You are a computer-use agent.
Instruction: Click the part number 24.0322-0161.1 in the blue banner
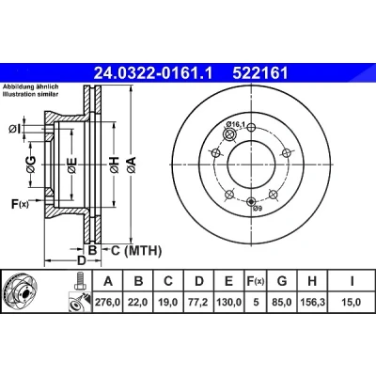point(153,74)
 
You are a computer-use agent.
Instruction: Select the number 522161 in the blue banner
point(259,74)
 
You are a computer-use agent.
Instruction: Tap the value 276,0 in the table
point(108,302)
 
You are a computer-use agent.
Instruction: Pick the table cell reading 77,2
point(199,302)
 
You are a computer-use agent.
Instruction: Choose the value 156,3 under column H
point(312,302)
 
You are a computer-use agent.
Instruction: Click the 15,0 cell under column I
point(352,302)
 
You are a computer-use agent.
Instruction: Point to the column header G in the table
point(282,281)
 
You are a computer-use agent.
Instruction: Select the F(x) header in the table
point(256,281)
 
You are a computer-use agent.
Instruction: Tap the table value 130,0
point(228,302)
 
